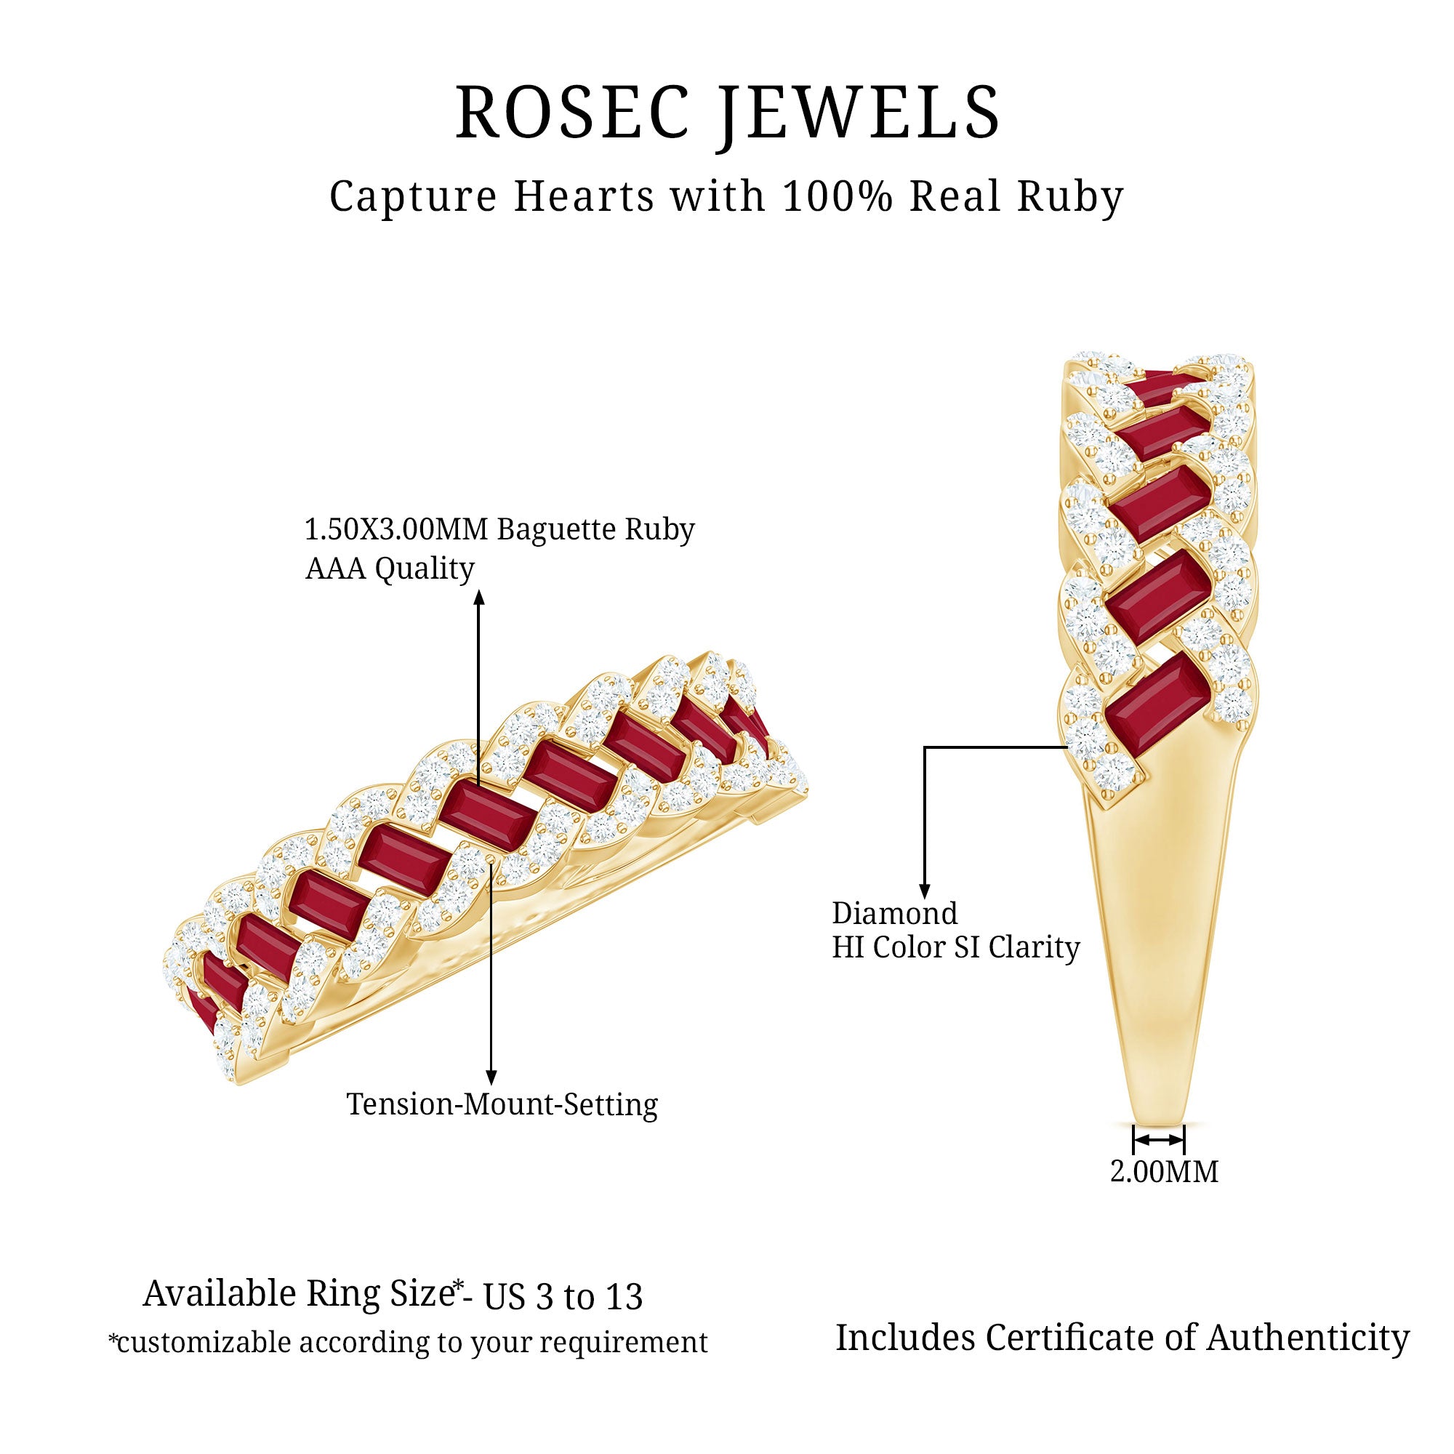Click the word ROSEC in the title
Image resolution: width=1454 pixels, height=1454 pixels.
[x=572, y=113]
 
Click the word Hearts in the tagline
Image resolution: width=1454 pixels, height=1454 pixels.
[x=584, y=197]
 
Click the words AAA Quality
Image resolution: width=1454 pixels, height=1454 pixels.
[x=389, y=569]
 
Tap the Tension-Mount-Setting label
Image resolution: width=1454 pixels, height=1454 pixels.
[x=502, y=1104]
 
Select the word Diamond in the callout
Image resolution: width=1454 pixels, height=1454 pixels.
[x=894, y=914]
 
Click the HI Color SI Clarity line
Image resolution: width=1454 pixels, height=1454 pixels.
[x=955, y=947]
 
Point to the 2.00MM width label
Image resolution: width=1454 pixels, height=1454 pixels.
[x=1163, y=1172]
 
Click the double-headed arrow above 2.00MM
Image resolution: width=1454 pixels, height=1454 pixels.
[x=1159, y=1141]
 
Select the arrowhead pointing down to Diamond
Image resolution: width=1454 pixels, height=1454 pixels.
[x=925, y=891]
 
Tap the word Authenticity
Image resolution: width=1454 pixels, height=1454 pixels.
[x=1308, y=1338]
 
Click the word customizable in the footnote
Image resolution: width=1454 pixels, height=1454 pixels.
[x=209, y=1342]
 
